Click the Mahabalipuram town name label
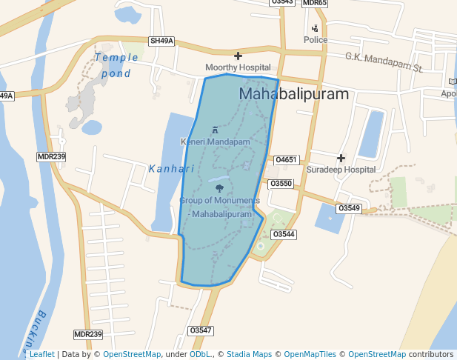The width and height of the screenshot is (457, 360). (x=294, y=95)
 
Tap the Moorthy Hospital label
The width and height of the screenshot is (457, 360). (x=238, y=67)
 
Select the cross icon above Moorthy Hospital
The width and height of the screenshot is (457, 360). (x=238, y=56)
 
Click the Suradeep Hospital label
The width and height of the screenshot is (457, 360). (x=341, y=170)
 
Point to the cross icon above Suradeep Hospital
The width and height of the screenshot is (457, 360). (x=341, y=158)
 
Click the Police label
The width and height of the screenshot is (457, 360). (x=315, y=39)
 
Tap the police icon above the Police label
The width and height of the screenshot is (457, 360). (x=315, y=28)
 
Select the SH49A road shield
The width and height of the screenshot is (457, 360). (x=161, y=41)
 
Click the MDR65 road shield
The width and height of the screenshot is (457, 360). (x=315, y=3)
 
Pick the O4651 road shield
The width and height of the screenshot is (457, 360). (x=286, y=160)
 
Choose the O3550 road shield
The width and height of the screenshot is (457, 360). (x=281, y=183)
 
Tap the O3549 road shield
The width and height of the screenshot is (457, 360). (x=349, y=209)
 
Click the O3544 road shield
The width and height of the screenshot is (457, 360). (x=284, y=234)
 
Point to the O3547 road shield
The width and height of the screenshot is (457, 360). (x=201, y=330)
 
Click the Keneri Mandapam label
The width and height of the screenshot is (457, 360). (x=216, y=141)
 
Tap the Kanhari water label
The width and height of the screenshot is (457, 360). (x=171, y=169)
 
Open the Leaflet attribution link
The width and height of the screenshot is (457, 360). (x=41, y=354)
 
